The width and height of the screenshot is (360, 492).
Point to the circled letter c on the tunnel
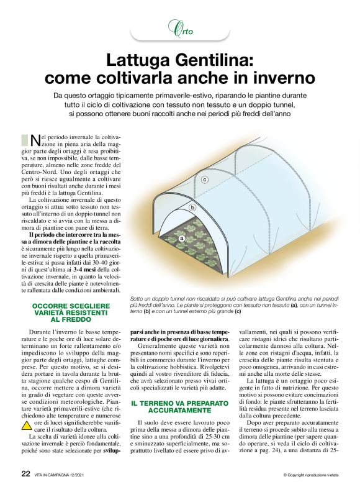(205, 180)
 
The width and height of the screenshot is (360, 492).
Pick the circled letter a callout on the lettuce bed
(182, 238)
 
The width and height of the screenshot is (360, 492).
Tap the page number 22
(25, 473)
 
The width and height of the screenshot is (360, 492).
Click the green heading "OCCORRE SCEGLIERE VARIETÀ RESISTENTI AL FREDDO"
(71, 312)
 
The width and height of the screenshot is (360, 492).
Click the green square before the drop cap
(25, 139)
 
